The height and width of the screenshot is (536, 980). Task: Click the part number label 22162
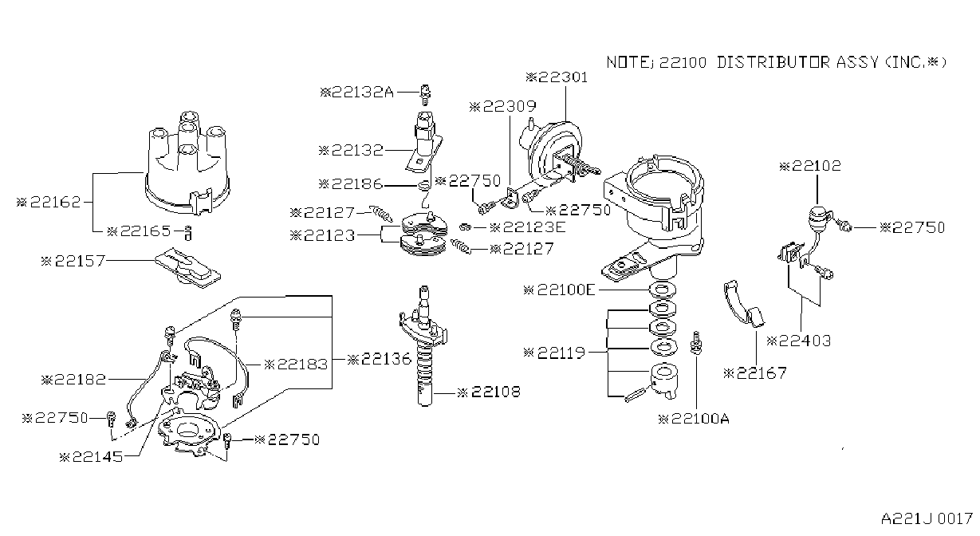click(49, 202)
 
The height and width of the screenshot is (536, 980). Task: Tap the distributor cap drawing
click(187, 164)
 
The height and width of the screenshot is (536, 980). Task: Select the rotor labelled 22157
click(187, 268)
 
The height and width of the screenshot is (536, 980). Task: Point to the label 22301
click(557, 77)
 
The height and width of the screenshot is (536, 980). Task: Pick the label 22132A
click(356, 93)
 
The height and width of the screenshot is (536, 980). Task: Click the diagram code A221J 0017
click(927, 519)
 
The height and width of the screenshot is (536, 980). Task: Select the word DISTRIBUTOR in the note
click(773, 62)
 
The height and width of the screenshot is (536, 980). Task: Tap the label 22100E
click(559, 290)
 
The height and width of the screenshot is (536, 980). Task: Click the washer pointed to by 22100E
click(663, 290)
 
